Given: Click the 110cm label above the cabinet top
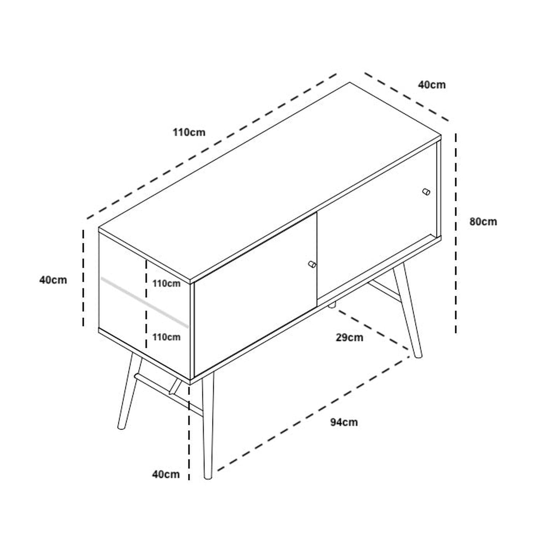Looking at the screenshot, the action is tap(189, 133).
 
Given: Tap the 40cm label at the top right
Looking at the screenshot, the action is tap(432, 85).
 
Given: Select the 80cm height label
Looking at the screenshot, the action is tap(483, 222).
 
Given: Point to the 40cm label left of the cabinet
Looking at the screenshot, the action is tap(53, 280).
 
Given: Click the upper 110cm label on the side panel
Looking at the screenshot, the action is tap(166, 284).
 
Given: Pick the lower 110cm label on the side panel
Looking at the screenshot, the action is tap(166, 337).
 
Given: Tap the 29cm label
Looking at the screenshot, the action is tap(350, 338).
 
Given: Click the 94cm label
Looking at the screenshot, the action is tap(344, 422).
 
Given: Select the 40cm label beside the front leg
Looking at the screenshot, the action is tap(166, 474).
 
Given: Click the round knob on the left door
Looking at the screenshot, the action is tap(312, 264).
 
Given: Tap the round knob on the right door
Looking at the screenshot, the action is tap(426, 192).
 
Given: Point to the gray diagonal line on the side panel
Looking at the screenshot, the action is tap(144, 303).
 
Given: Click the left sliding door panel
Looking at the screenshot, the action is tap(255, 295).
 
